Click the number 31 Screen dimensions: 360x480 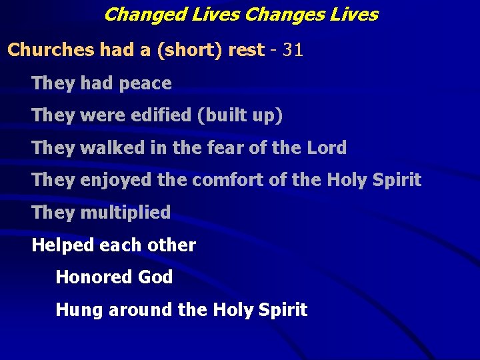click(293, 51)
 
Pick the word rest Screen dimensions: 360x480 click(246, 51)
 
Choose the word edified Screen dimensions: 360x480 click(159, 115)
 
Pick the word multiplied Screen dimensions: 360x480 click(125, 213)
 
